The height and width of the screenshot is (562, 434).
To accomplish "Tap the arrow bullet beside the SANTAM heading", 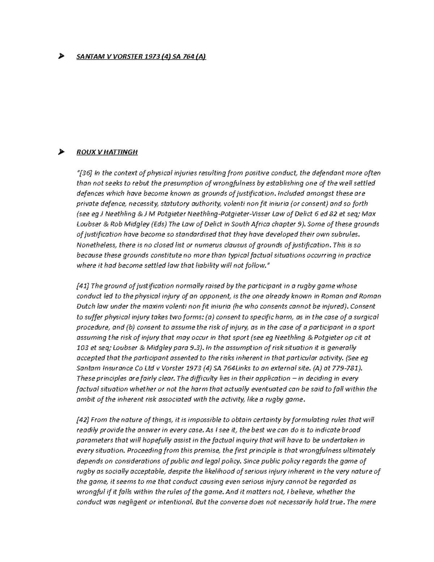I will (x=61, y=56).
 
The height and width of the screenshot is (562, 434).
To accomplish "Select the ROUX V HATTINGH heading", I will (x=107, y=152).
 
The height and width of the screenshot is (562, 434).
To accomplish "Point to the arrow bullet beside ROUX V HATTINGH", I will (x=61, y=152).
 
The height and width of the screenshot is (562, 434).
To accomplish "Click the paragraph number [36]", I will (x=85, y=173).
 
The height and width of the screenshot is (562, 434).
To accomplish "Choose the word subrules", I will (x=344, y=234).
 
